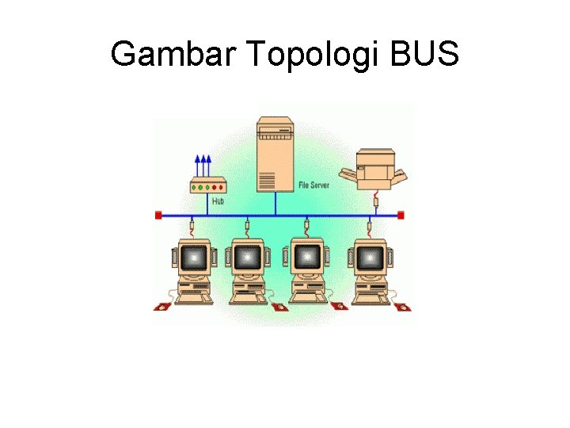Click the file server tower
click(x=275, y=155)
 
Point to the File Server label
click(x=313, y=185)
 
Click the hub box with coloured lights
click(x=208, y=187)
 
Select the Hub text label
click(x=218, y=202)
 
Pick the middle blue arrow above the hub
click(x=203, y=166)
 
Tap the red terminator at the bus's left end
click(x=158, y=215)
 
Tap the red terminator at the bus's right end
click(x=401, y=215)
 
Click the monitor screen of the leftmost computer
click(x=193, y=258)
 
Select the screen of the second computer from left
click(x=247, y=258)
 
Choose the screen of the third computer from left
click(x=307, y=258)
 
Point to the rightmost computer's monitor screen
click(x=367, y=258)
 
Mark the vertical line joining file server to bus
click(x=275, y=204)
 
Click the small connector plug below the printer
click(x=376, y=203)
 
